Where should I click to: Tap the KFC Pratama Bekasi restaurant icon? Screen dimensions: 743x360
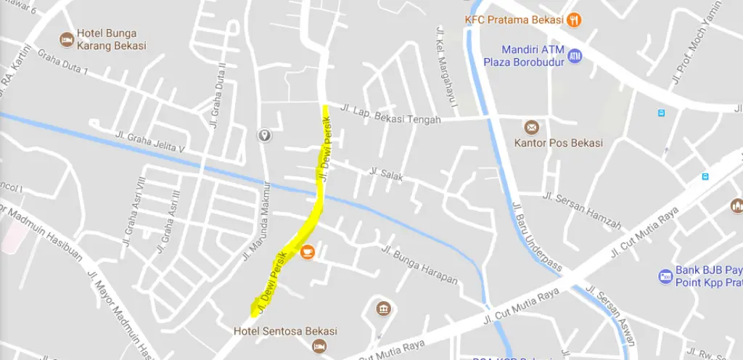[x=574, y=20]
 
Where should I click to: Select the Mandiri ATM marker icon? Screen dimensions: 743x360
[x=575, y=56]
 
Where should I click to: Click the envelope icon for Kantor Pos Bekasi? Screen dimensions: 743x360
[x=532, y=127]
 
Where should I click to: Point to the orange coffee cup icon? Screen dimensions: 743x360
[x=308, y=253]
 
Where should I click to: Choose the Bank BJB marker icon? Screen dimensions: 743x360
[x=665, y=276]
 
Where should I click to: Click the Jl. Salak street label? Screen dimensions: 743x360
[x=385, y=174]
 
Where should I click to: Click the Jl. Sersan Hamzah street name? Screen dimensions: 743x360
[x=581, y=211]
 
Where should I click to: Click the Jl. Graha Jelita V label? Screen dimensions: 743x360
[x=151, y=142]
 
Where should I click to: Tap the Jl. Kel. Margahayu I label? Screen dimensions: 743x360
[x=447, y=70]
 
